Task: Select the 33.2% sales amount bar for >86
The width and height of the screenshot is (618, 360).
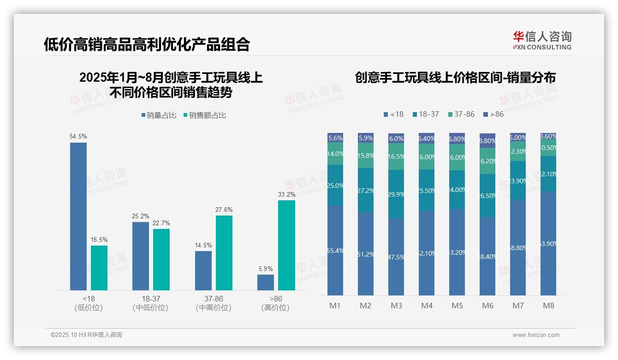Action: [x=286, y=245]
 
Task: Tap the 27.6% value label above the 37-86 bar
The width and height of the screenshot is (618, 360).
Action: [x=224, y=210]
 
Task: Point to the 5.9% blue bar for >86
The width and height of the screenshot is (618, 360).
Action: [x=266, y=282]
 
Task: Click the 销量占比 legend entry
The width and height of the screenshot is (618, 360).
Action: [x=159, y=115]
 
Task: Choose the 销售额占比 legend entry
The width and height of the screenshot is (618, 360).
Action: [x=205, y=115]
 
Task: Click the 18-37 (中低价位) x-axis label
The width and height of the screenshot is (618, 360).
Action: [x=150, y=303]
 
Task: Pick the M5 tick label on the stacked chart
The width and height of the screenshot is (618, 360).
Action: [x=457, y=306]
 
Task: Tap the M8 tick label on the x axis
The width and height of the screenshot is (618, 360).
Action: [x=548, y=306]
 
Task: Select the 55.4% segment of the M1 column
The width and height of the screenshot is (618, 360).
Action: [x=335, y=250]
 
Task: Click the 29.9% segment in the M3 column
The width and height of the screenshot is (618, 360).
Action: [x=396, y=194]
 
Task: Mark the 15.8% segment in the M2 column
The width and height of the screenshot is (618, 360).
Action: [x=366, y=156]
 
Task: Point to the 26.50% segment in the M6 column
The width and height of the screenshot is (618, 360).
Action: [x=487, y=195]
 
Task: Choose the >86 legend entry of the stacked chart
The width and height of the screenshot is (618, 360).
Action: [x=493, y=114]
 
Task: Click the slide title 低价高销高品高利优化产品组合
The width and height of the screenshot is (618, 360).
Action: [x=147, y=44]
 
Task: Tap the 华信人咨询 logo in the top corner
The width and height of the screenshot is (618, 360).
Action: [x=542, y=40]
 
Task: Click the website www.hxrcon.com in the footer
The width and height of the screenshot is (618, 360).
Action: [x=535, y=335]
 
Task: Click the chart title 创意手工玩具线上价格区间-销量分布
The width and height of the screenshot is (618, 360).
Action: [x=455, y=78]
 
